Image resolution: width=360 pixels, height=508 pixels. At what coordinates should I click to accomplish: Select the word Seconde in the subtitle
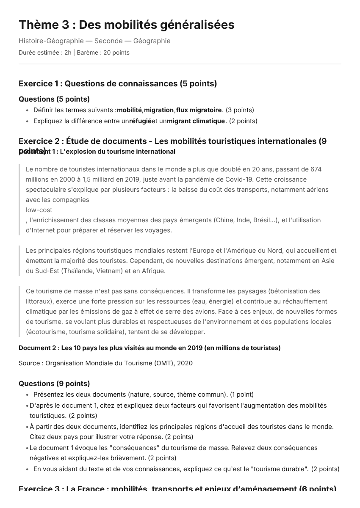(108, 41)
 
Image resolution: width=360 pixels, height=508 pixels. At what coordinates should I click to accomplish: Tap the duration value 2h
(68, 52)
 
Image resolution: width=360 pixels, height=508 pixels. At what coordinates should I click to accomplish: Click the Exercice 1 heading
(118, 83)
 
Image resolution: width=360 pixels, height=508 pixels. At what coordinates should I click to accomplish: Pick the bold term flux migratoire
(199, 110)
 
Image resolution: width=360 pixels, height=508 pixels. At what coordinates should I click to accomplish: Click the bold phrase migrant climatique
(196, 121)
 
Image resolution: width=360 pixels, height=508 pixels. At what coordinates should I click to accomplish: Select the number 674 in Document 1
(316, 169)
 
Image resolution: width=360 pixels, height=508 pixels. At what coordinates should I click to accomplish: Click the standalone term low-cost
(39, 210)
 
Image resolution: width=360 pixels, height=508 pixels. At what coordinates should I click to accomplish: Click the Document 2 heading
(150, 348)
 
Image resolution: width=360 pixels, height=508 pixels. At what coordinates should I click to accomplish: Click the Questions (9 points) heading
(54, 384)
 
